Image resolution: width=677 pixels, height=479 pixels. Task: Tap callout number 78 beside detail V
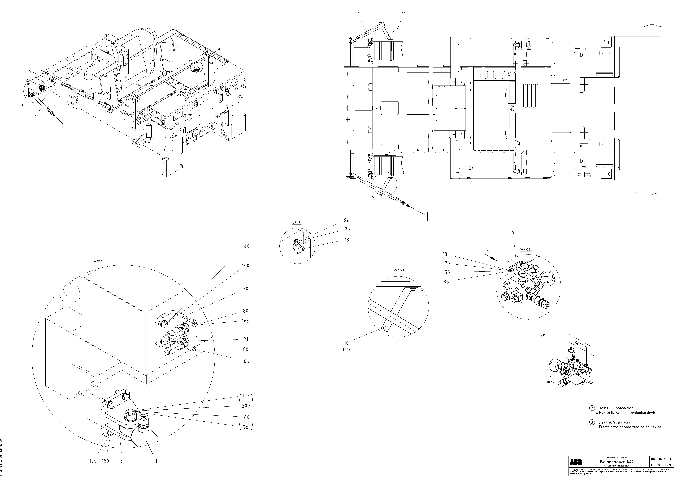(346, 240)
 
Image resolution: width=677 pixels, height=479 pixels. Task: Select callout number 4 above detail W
(513, 232)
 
